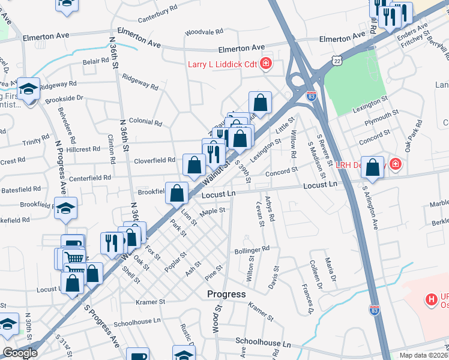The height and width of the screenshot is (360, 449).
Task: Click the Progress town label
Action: coord(226,294)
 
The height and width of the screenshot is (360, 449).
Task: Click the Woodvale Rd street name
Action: coord(204,31)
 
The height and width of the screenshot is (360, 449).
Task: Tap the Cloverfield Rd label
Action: coord(155,160)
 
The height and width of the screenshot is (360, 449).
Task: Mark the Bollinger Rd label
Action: coord(252,249)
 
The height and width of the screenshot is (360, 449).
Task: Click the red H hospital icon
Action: coord(430,299)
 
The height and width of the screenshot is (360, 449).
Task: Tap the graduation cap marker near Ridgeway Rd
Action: coord(28,89)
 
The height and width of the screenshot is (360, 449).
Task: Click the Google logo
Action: coord(20,353)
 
